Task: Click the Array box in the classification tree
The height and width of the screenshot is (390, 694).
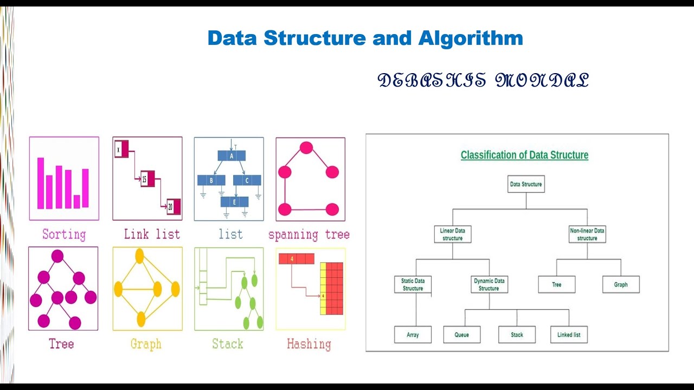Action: [x=413, y=335]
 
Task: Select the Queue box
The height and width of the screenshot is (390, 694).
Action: [x=462, y=335]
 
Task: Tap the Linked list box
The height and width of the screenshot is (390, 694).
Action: [x=569, y=335]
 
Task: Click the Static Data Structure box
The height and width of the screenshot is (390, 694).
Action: [x=413, y=285]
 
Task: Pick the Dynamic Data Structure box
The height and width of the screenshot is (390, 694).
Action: [x=489, y=285]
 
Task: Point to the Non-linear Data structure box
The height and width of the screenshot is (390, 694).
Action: [x=587, y=235]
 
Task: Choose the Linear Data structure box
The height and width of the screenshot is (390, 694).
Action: [x=452, y=235]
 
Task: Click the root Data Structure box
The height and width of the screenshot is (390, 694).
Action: [x=526, y=184]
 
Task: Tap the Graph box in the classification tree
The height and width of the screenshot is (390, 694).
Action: [x=621, y=284]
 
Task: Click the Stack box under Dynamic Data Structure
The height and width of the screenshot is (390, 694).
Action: [x=517, y=335]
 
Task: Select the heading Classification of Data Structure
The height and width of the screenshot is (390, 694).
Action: [x=524, y=155]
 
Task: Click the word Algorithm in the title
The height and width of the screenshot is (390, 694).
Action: [x=470, y=38]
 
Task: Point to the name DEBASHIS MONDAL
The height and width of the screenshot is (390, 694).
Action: [x=483, y=81]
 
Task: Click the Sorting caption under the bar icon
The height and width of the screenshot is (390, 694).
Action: [x=64, y=235]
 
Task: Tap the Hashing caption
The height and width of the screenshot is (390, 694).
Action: [x=309, y=344]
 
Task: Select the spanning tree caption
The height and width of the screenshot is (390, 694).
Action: [x=309, y=235]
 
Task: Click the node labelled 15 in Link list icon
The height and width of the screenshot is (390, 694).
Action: [x=145, y=178]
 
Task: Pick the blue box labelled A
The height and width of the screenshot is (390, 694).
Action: [x=232, y=155]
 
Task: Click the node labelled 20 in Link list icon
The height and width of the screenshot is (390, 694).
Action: [x=171, y=206]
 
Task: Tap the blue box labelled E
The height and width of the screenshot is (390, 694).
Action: [x=234, y=201]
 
